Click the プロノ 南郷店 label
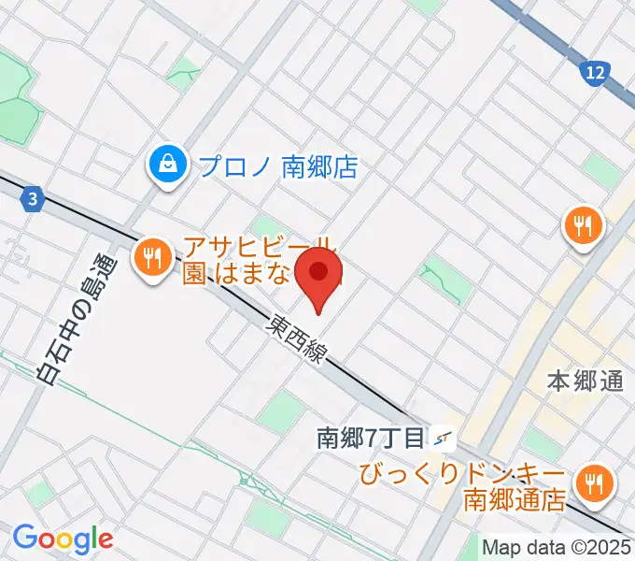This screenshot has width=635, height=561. [277, 166]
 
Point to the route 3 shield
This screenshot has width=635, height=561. [33, 199]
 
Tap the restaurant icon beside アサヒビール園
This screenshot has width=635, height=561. [152, 259]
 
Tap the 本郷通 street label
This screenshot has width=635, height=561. [585, 381]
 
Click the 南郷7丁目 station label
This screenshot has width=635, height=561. [371, 437]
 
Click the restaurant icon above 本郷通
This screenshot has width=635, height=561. [584, 225]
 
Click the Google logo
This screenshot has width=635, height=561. [63, 539]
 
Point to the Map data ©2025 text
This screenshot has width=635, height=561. [557, 546]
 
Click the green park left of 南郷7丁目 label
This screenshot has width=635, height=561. [281, 412]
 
